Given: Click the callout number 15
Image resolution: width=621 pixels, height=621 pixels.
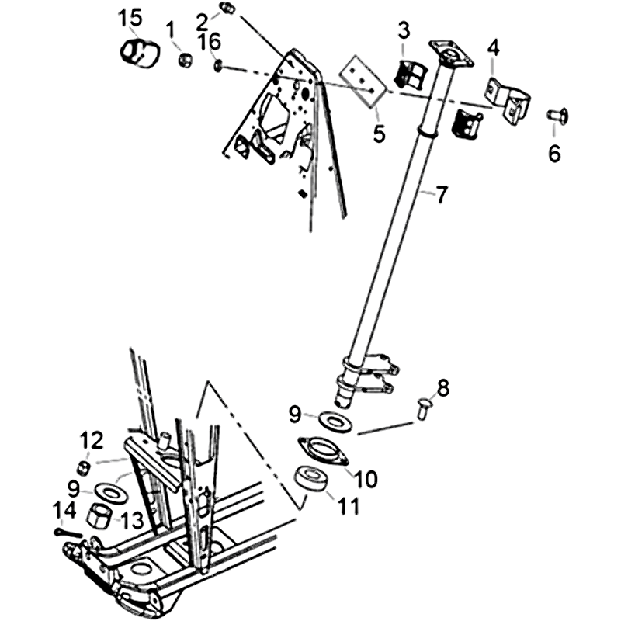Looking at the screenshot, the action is [x=130, y=19].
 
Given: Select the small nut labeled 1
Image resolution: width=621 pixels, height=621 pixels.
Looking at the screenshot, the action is [x=185, y=60].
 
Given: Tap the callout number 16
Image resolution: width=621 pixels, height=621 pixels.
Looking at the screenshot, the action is [x=210, y=42].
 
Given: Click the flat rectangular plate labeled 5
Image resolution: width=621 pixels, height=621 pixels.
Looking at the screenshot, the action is [x=362, y=82].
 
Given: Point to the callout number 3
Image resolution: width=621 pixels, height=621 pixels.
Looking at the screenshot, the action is [x=404, y=31].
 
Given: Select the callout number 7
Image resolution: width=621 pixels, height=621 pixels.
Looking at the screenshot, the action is [x=442, y=196].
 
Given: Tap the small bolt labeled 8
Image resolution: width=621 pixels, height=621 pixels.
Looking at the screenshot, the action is [x=423, y=408].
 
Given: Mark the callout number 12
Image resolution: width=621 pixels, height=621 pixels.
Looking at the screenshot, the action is [x=92, y=440].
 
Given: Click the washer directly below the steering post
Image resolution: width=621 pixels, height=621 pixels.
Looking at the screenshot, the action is [x=335, y=422].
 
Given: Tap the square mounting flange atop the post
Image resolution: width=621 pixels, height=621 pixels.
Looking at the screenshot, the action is [x=452, y=55].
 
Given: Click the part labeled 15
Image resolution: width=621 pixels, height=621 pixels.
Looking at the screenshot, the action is [x=140, y=53].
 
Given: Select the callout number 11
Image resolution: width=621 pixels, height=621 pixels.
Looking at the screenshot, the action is [x=348, y=506].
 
